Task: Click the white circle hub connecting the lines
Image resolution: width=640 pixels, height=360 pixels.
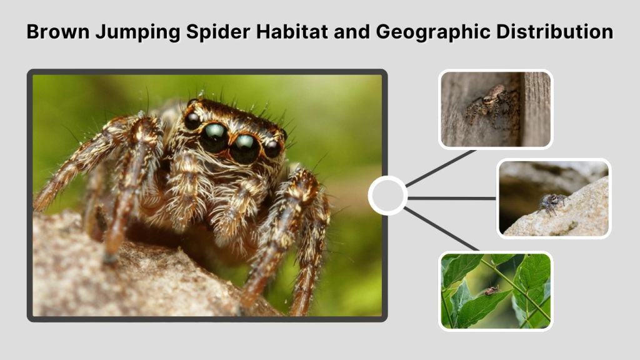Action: click(x=387, y=196)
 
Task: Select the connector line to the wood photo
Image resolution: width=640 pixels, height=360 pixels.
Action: click(x=441, y=167)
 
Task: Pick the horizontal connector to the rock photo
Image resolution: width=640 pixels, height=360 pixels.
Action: click(x=452, y=198)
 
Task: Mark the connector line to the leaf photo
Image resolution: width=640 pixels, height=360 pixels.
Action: click(x=441, y=229)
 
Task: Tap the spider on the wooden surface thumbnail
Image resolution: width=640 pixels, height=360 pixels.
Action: click(x=493, y=102)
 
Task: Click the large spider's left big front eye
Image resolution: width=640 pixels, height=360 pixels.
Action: click(x=214, y=135)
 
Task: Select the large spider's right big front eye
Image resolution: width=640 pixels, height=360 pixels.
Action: click(x=244, y=146)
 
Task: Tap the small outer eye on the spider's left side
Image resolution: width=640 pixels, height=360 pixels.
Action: click(x=192, y=119)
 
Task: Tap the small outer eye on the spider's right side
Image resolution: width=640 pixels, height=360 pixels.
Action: click(x=272, y=147)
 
